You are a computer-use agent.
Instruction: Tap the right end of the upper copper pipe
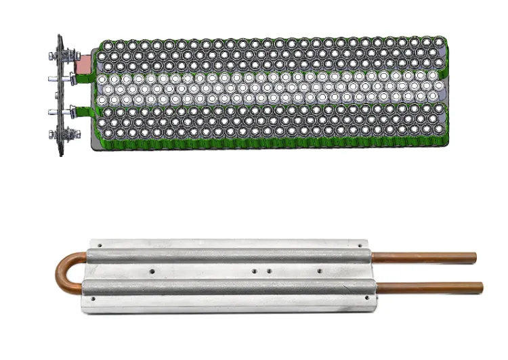point(473,257)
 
